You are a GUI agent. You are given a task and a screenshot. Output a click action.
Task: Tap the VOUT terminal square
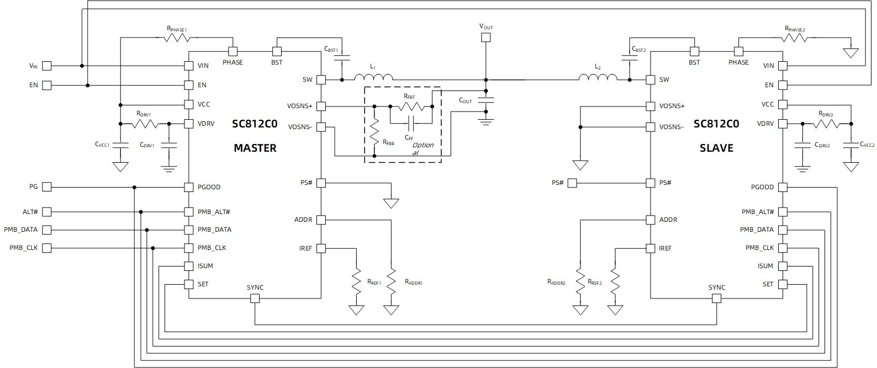pyautogui.click(x=486, y=38)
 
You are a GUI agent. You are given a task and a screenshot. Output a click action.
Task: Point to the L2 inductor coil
pyautogui.click(x=598, y=77)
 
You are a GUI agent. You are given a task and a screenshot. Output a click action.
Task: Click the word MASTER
pyautogui.click(x=255, y=148)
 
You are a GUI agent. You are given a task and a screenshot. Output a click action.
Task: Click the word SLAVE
pyautogui.click(x=716, y=148)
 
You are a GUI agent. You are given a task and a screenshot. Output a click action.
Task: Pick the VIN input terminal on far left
pyautogui.click(x=47, y=66)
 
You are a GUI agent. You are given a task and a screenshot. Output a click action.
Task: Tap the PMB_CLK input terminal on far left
pyautogui.click(x=47, y=248)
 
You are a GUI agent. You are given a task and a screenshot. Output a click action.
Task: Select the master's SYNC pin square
pyautogui.click(x=255, y=298)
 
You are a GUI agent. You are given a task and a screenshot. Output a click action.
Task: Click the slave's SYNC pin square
pyautogui.click(x=717, y=298)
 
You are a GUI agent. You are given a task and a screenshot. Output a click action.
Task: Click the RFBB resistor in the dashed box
pyautogui.click(x=375, y=132)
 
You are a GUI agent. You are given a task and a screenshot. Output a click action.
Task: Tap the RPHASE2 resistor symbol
pyautogui.click(x=796, y=38)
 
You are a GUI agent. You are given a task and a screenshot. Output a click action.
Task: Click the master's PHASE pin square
pyautogui.click(x=233, y=51)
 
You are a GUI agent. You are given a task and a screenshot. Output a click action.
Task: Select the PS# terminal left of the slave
pyautogui.click(x=572, y=183)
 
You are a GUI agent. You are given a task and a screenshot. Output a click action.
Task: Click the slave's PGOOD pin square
pyautogui.click(x=783, y=187)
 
